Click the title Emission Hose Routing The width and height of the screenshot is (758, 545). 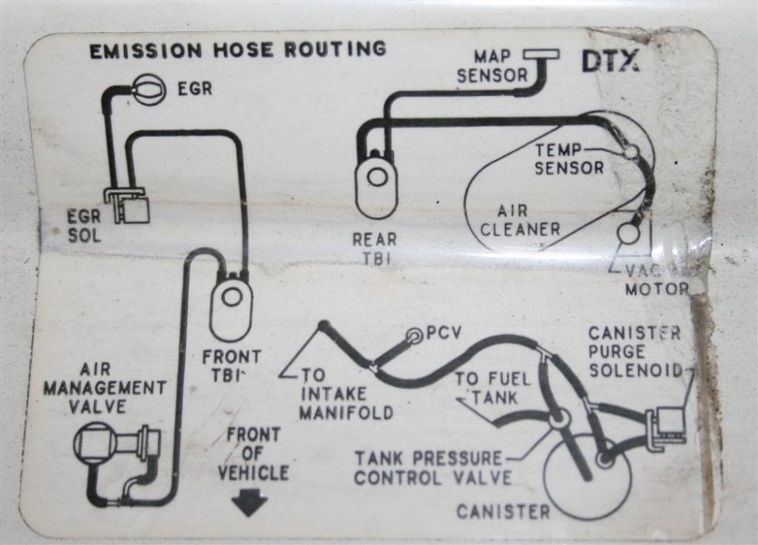tap(238, 50)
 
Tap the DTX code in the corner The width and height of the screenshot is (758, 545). tap(610, 61)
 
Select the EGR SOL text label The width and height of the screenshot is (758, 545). tap(84, 226)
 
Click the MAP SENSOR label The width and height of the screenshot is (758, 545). tap(492, 66)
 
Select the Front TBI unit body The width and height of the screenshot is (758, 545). tap(231, 305)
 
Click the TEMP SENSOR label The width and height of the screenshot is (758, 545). tap(569, 159)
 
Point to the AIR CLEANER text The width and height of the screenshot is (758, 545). tap(520, 220)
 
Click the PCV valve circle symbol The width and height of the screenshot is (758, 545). tap(415, 335)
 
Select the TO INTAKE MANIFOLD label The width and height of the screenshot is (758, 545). tap(346, 394)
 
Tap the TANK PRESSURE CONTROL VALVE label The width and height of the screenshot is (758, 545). tap(433, 468)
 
